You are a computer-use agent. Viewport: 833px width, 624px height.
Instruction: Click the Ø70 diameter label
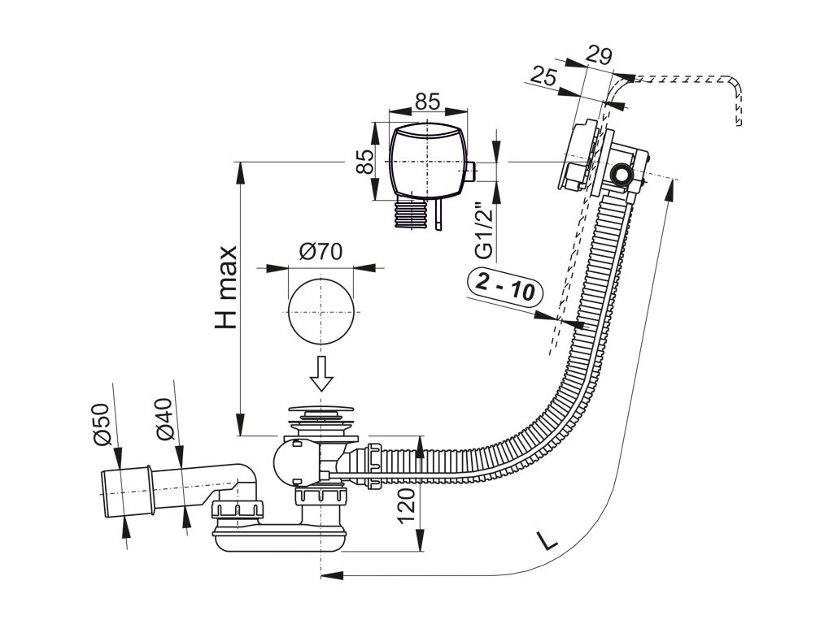320,252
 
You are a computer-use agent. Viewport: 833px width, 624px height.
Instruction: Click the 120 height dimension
409,509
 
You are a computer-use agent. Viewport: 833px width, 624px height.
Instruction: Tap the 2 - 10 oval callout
505,287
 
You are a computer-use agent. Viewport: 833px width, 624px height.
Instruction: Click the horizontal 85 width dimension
427,102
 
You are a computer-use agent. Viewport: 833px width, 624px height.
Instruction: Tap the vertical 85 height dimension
365,162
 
